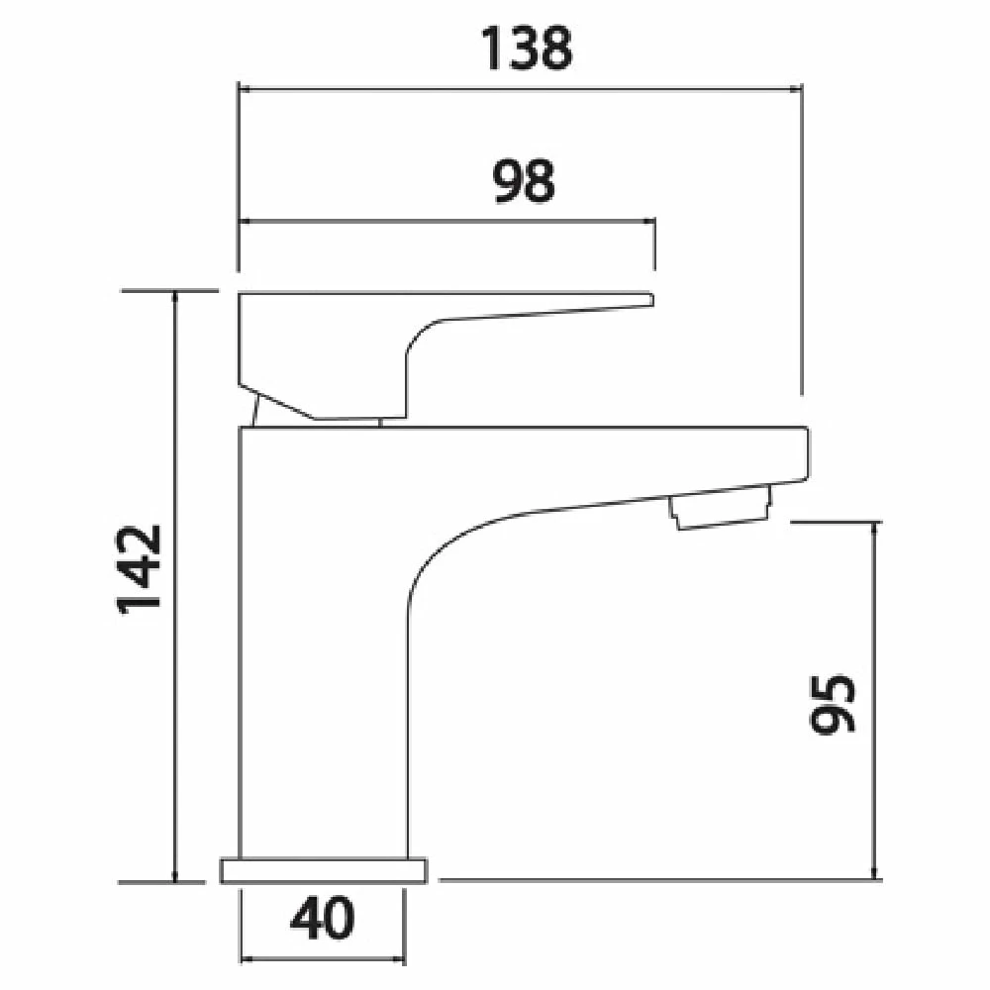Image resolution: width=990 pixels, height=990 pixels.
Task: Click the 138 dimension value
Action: pos(527,49)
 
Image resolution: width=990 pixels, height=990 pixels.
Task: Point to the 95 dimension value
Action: pos(831,705)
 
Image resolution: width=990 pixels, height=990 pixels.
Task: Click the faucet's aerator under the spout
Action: pos(721,510)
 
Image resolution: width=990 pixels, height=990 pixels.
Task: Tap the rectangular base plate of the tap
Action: pos(324,870)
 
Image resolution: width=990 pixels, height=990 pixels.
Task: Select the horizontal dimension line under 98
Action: pos(445,221)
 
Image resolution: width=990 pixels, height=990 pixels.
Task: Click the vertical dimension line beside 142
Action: pos(175,584)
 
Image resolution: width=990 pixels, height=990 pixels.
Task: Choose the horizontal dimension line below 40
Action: pos(323,958)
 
